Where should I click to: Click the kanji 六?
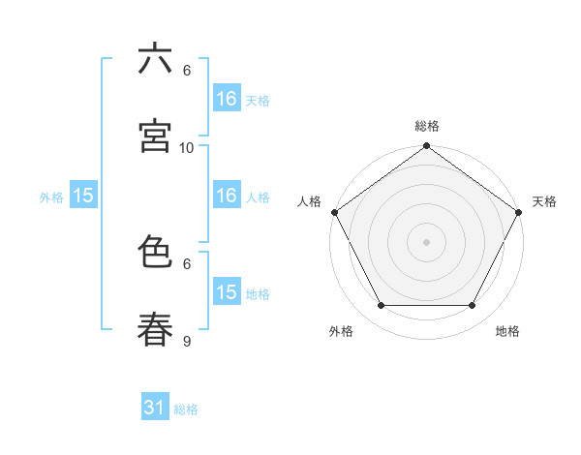pos(155,60)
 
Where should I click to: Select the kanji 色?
pos(155,253)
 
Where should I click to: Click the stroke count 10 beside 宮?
pos(187,147)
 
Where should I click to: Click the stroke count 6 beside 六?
pos(187,71)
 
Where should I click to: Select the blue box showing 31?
pos(155,409)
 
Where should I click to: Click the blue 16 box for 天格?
pos(227,99)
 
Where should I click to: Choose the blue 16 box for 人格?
pos(227,196)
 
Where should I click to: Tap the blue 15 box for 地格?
pos(227,292)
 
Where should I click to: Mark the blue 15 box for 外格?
pos(83,196)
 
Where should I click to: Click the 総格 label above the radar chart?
pos(427,126)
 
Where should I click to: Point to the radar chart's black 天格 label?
pos(544,201)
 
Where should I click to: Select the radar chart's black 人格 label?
pos(309,201)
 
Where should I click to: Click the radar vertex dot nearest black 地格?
pos(473,306)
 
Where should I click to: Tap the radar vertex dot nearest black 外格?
pos(381,306)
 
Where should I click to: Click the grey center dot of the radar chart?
pos(427,242)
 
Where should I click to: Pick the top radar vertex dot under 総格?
pos(427,147)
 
